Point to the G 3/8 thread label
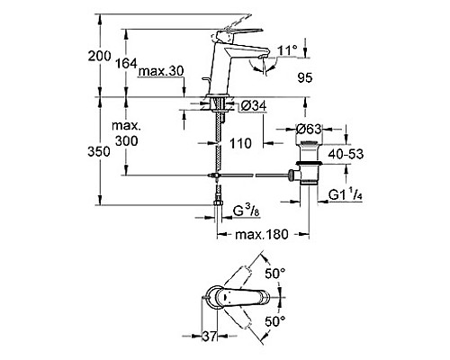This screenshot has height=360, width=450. (x=250, y=211)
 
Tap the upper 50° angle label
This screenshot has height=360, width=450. (x=273, y=271)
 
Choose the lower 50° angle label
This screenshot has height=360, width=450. (x=273, y=319)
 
